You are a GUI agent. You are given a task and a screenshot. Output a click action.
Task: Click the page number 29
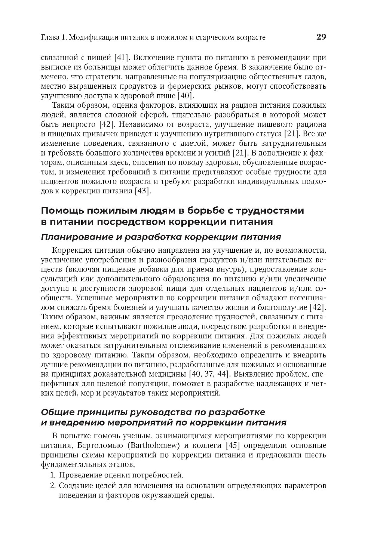pyautogui.click(x=321, y=37)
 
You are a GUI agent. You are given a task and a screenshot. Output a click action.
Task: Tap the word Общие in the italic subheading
pyautogui.click(x=56, y=412)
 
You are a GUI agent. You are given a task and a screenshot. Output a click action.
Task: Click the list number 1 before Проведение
pyautogui.click(x=52, y=476)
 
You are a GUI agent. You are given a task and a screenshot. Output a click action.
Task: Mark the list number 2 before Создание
pyautogui.click(x=52, y=486)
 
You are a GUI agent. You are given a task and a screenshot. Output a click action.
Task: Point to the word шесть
pyautogui.click(x=314, y=455)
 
